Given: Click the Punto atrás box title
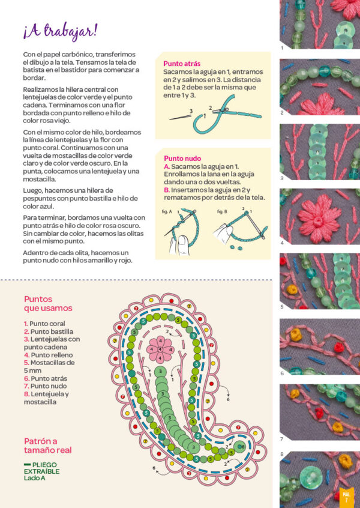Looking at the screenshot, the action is tap(182, 64).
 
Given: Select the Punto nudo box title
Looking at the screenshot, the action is tap(182, 159).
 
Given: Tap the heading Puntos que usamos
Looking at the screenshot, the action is tap(48, 304).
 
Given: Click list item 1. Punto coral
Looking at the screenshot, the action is tap(44, 324).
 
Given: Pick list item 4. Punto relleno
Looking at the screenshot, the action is tap(48, 355).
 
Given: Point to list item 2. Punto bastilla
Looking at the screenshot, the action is tap(49, 331).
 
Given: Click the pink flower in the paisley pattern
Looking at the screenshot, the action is tap(160, 349).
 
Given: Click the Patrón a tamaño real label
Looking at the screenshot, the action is tap(48, 446).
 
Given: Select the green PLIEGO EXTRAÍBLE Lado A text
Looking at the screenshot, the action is tap(42, 471).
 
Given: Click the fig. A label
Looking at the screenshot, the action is tap(167, 211).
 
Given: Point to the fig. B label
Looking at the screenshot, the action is tap(222, 211).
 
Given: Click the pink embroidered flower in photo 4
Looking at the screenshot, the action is tap(319, 219).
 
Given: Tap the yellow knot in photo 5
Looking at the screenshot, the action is tap(292, 289).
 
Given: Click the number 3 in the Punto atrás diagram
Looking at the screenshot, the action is tap(191, 111).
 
